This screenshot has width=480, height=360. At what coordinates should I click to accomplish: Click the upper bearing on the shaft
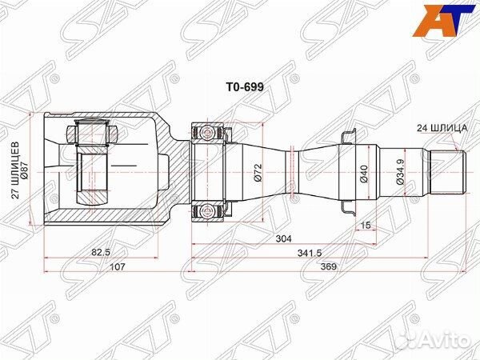click(x=208, y=130)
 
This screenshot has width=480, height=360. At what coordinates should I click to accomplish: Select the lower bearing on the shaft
click(x=208, y=210)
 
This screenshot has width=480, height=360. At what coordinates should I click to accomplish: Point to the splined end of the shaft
click(x=448, y=170)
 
